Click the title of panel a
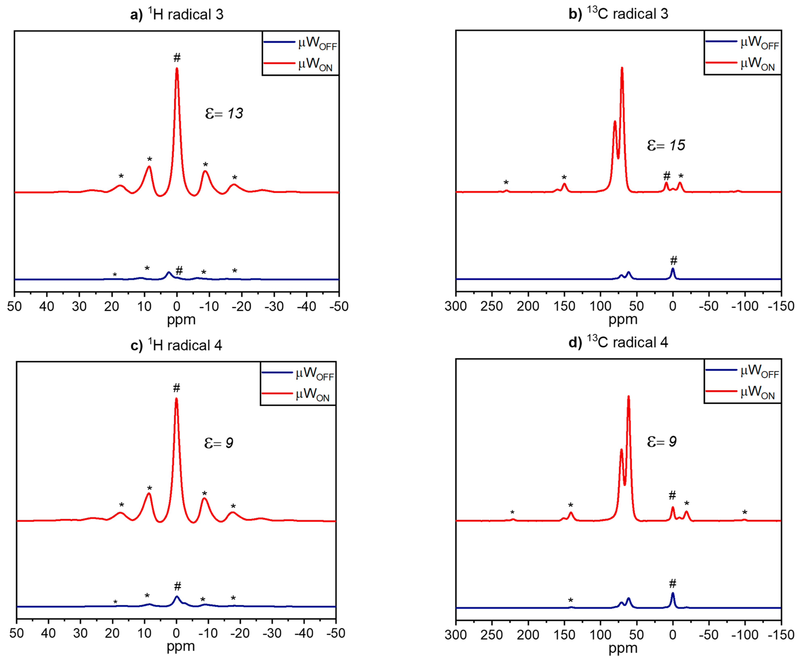(x=177, y=14)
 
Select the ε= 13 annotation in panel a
(x=224, y=113)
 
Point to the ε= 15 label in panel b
(x=666, y=145)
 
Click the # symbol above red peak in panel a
(x=177, y=58)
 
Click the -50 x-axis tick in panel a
(x=339, y=306)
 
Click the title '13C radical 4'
(x=618, y=342)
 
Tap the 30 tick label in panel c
(x=80, y=633)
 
